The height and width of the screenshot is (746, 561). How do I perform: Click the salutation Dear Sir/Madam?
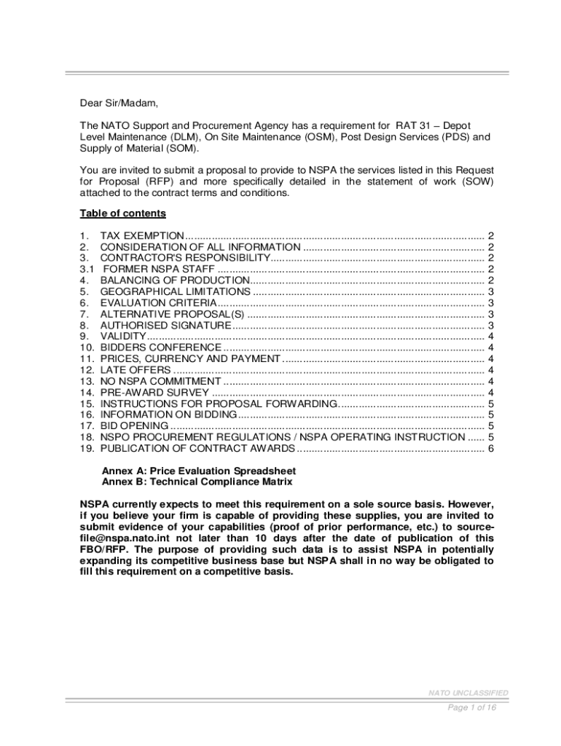(118, 103)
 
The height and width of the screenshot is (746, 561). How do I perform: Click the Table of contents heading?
(122, 213)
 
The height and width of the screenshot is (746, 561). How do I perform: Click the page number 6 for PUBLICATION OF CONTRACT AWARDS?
(491, 448)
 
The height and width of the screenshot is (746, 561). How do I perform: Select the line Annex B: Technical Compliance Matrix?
(197, 482)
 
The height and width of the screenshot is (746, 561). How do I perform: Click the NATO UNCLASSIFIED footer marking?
(468, 693)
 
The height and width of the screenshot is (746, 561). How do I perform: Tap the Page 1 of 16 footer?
(472, 707)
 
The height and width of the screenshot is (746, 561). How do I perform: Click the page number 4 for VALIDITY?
(491, 336)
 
